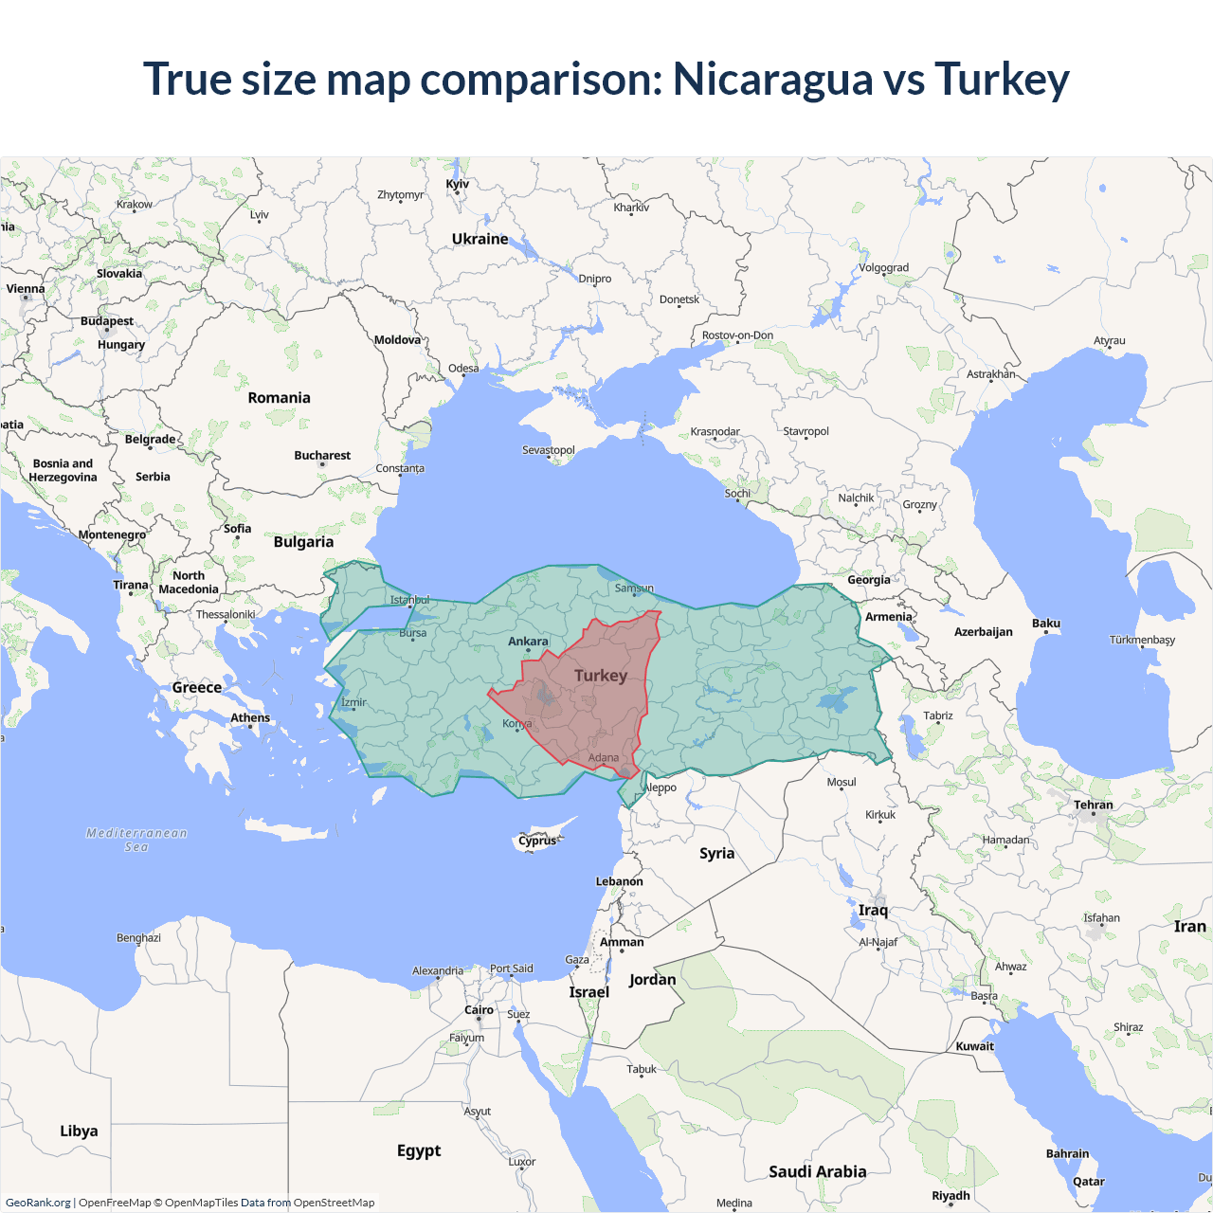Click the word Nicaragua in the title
click(772, 80)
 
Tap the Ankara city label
click(528, 642)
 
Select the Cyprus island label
click(537, 841)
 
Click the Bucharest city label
click(322, 456)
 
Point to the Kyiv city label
click(458, 184)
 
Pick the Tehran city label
click(1094, 805)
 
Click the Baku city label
click(1046, 624)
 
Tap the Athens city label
click(250, 718)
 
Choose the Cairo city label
click(479, 1010)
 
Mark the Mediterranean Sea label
click(136, 840)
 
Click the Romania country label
click(279, 398)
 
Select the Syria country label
click(717, 853)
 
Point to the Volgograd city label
click(884, 268)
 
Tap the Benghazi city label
click(138, 938)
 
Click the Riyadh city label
click(950, 1196)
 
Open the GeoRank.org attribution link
click(38, 1203)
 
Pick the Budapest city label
click(107, 321)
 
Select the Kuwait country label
click(975, 1046)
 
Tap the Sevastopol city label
click(549, 450)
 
